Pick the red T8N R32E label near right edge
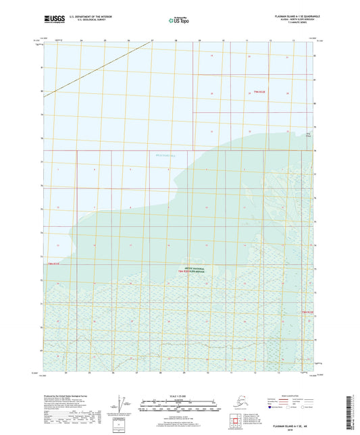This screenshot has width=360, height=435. coord(307,312)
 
